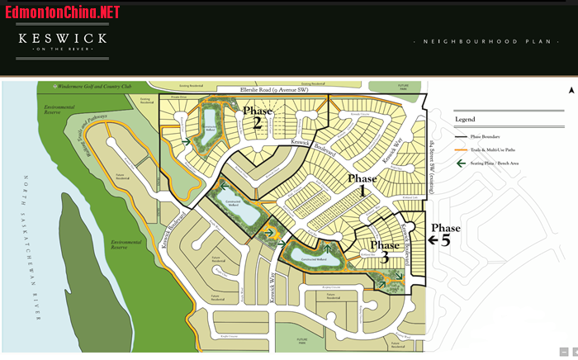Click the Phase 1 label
[362, 183]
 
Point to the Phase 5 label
[446, 228]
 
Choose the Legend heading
[465, 119]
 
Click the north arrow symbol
[570, 91]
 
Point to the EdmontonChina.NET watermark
[62, 12]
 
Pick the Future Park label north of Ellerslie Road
[404, 85]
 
